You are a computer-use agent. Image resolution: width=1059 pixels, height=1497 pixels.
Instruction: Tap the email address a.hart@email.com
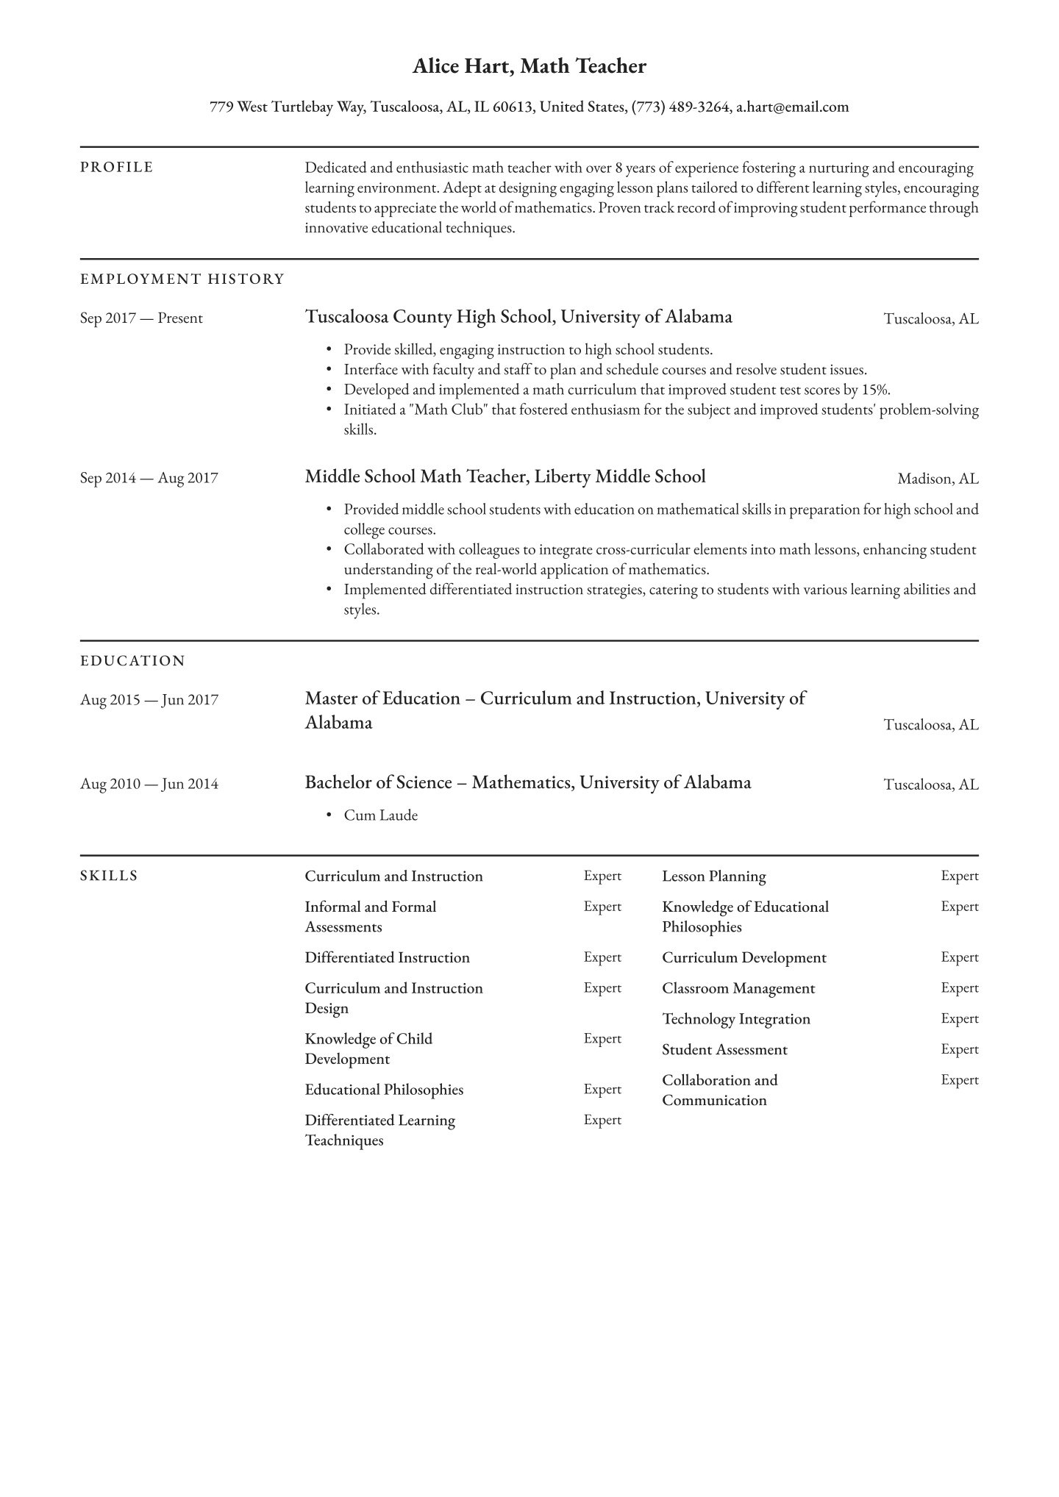792,107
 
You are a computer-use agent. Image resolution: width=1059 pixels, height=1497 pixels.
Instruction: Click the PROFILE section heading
117,168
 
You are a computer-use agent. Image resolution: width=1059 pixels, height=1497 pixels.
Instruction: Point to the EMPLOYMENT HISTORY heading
182,279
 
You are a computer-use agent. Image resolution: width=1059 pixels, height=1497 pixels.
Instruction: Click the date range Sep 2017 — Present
141,318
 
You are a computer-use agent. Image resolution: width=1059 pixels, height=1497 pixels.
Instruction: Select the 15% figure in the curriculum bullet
877,390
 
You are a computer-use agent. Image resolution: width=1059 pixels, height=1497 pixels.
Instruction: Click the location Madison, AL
938,479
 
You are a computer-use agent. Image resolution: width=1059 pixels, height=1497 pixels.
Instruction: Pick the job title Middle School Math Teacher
416,477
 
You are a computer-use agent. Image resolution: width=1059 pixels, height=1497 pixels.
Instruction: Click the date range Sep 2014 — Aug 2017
149,478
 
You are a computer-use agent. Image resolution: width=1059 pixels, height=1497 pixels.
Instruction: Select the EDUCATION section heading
133,661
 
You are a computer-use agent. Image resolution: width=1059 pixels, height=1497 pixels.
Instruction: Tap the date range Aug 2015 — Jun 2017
149,700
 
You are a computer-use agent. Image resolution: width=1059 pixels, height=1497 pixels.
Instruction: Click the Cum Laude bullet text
380,815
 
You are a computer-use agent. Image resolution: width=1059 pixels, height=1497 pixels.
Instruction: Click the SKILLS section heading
109,876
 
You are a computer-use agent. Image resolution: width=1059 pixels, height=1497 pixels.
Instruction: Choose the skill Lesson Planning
713,876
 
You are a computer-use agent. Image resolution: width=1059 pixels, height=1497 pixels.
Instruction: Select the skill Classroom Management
738,989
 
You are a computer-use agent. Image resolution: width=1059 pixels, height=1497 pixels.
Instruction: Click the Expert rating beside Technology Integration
959,1019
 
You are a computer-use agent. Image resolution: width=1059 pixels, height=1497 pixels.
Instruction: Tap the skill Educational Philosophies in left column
384,1090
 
